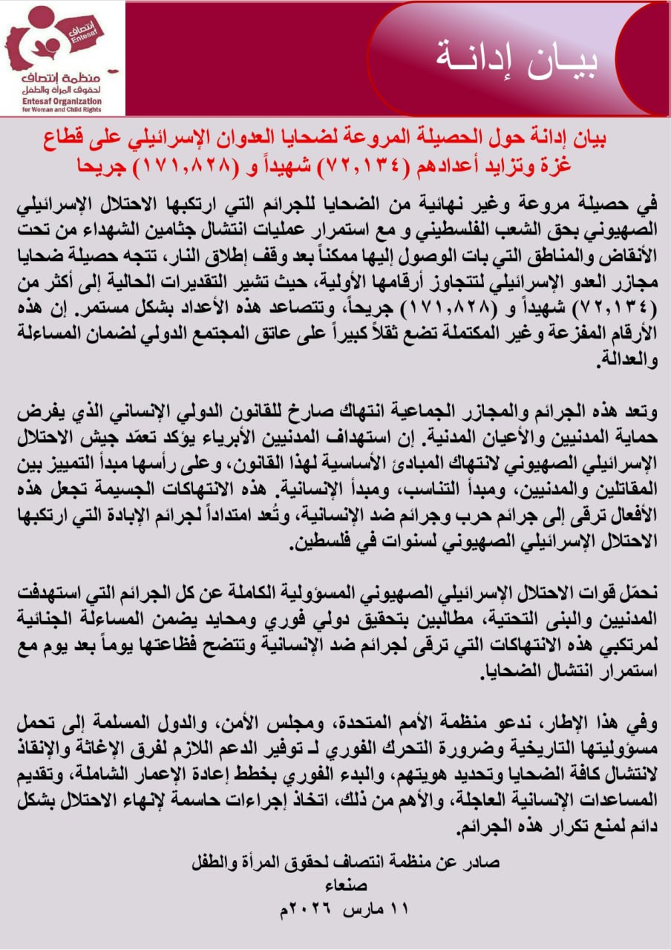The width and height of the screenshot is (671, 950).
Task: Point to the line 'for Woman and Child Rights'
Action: [x=63, y=110]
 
